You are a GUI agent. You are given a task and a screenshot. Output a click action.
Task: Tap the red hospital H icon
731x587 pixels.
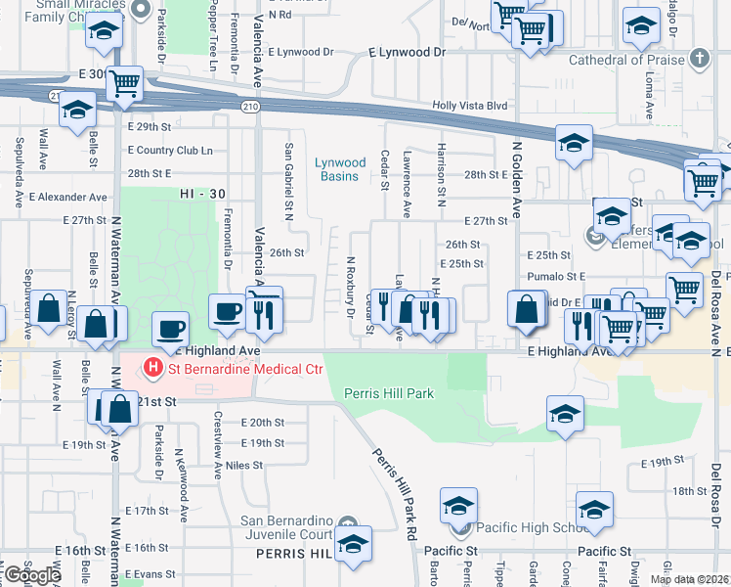152,369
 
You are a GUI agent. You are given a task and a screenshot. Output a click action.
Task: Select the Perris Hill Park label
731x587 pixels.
388,393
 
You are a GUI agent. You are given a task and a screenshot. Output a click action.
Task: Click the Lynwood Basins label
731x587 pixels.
340,169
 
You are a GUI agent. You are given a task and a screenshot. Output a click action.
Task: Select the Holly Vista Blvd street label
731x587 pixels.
471,106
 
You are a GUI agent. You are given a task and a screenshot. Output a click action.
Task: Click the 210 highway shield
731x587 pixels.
250,106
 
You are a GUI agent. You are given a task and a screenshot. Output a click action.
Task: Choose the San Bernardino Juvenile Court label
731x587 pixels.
288,527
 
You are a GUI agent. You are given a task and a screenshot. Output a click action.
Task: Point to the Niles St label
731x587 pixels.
244,466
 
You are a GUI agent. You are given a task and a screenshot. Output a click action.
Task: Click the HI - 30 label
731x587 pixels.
201,195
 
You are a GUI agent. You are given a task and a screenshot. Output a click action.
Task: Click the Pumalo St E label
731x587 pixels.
555,277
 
